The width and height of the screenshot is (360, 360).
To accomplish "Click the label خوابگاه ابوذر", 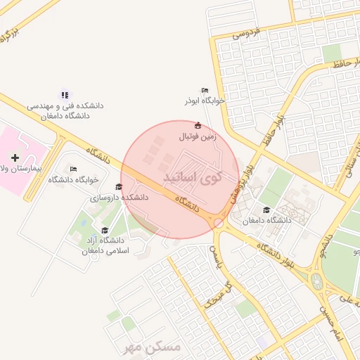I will pos(205,101).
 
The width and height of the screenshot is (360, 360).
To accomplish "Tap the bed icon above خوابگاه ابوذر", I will pos(205,90).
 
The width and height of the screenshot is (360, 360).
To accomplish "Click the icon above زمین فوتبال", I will pos(198,126).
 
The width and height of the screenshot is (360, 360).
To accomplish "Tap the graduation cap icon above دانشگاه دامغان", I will pos(266,210).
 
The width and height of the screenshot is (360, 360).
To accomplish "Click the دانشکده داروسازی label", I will pos(120,198).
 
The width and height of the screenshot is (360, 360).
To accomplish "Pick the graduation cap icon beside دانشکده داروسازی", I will pos(119,187).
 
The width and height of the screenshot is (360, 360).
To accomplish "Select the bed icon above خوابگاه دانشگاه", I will pos(74,169).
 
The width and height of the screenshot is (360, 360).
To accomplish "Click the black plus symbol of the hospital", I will pos(15,157).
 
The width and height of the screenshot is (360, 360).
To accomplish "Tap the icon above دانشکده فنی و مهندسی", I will pos(65,94).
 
